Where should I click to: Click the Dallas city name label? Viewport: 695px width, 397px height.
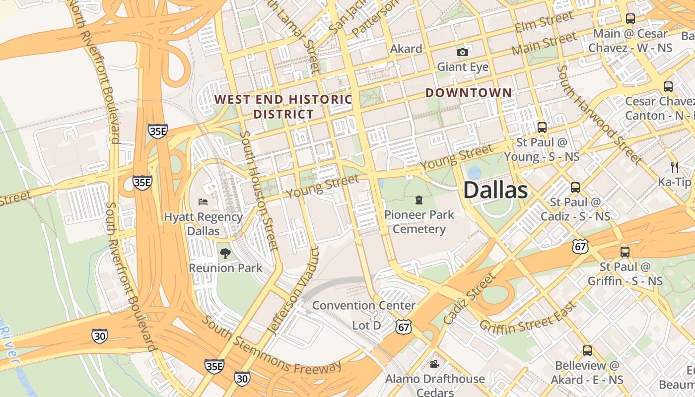click(495, 191)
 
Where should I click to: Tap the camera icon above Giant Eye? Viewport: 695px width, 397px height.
click(463, 52)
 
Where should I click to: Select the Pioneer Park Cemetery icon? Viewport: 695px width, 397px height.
click(419, 200)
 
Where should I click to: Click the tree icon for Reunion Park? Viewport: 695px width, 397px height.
click(225, 254)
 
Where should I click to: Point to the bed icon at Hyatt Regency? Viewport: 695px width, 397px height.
click(203, 201)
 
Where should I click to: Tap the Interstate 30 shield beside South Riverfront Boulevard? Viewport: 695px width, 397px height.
click(99, 336)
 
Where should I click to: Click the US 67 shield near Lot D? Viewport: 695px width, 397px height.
click(404, 326)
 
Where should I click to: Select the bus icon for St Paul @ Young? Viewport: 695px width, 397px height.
click(542, 127)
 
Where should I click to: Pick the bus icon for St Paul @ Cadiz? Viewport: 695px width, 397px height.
click(575, 188)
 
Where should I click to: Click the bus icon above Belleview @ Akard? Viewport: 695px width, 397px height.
click(587, 351)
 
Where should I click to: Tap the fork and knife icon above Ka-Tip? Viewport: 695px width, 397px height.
click(674, 167)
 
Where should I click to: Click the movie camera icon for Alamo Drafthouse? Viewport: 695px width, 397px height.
click(434, 364)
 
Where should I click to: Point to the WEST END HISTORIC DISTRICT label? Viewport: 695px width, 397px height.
click(283, 107)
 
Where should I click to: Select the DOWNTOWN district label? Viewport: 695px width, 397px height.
click(468, 93)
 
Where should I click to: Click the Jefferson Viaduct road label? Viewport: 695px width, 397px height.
click(291, 291)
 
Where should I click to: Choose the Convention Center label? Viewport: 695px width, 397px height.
click(363, 305)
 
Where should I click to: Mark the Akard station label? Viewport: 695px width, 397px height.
click(406, 49)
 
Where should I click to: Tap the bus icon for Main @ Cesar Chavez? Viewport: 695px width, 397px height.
click(630, 19)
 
